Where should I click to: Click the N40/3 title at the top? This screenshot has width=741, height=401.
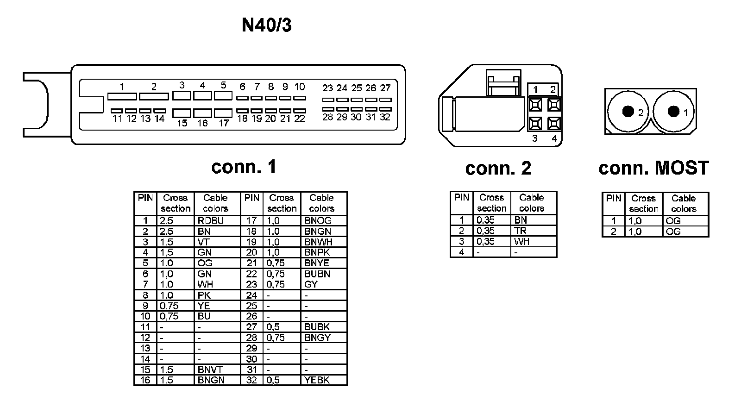pos(267,25)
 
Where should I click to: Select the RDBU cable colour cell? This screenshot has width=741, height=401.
pos(210,220)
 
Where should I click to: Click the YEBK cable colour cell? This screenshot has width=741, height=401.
pos(317,380)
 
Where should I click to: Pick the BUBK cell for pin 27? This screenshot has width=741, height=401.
pos(317,327)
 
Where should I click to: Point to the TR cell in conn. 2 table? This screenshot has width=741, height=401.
pos(520,231)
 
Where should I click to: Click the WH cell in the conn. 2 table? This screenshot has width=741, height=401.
pos(521,241)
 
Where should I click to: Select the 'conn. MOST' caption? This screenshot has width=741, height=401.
pos(653,168)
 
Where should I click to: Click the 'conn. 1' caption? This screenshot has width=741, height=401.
pos(244,167)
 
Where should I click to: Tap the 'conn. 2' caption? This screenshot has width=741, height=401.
pos(498,168)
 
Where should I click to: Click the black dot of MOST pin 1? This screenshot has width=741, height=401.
pos(673,111)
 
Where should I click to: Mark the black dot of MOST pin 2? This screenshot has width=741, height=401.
pos(628,112)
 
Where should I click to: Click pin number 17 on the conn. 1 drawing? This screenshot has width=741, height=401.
pos(224,123)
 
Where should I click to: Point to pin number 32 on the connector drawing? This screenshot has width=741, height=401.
pos(385,117)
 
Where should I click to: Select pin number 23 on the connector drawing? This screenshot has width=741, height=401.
pos(327,88)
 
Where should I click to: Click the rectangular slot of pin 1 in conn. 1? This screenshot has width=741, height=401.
pos(122,96)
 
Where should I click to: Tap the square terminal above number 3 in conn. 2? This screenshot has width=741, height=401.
pos(535,123)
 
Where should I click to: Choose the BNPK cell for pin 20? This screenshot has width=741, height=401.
pos(317,252)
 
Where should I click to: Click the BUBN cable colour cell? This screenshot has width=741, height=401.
pos(317,274)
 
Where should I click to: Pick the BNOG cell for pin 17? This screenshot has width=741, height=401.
pos(318,220)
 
